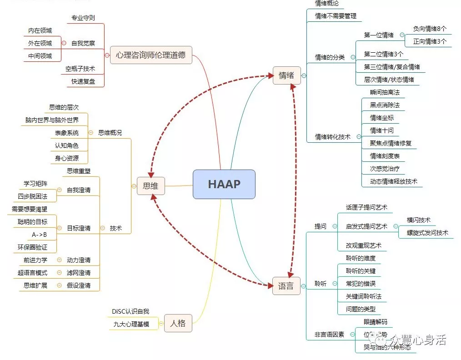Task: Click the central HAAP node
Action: point(224,184)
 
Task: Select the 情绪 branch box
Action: point(286,75)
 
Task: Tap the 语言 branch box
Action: point(286,286)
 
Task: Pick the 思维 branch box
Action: point(150,185)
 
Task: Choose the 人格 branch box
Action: point(178,323)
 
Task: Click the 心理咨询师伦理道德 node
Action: point(151,55)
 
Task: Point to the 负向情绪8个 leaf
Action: point(430,29)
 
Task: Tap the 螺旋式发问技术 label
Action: point(427,233)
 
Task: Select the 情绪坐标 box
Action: point(382,118)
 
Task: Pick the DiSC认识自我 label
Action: point(130,311)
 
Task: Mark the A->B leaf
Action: point(40,235)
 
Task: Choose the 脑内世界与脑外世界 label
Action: point(52,120)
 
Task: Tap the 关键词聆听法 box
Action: point(364,296)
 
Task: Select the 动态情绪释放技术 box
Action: point(390,181)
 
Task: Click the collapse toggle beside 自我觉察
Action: point(64,43)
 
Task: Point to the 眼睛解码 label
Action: point(376,322)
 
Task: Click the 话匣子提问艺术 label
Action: point(366,207)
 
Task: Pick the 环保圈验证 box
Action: point(32,247)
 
